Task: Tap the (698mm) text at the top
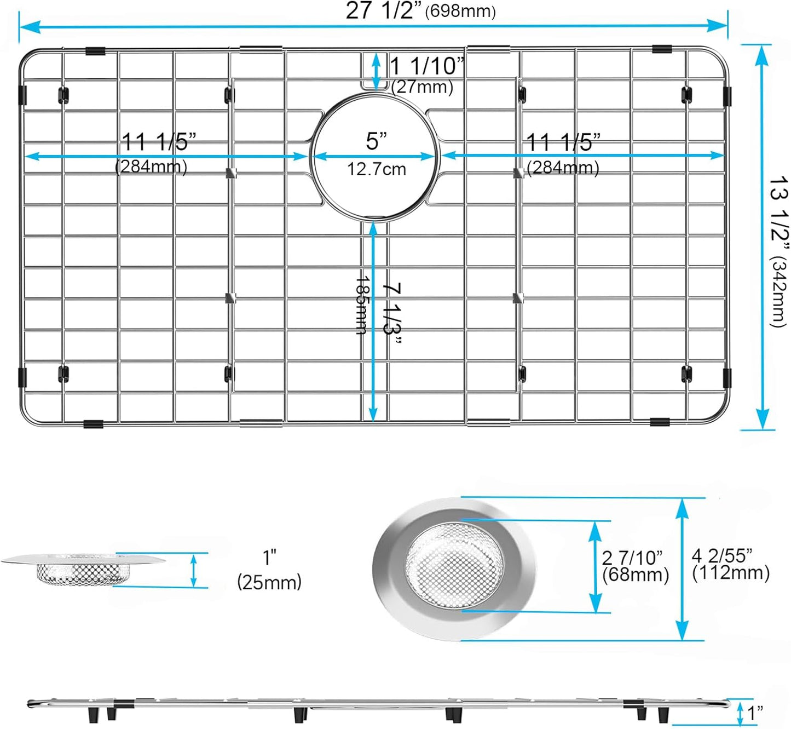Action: tap(460, 12)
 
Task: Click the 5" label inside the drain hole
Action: tap(376, 141)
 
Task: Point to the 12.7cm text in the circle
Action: tap(376, 169)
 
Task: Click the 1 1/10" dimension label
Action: tap(426, 66)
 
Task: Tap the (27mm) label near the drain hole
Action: tap(422, 87)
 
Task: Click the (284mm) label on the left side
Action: tap(151, 167)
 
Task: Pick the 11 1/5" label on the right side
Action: tap(563, 142)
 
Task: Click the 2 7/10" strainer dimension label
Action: tap(632, 558)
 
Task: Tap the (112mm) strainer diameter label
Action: tap(731, 573)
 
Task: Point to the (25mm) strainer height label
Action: tap(269, 582)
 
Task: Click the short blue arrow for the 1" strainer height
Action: tap(193, 570)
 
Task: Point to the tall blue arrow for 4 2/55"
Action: tap(682, 569)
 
